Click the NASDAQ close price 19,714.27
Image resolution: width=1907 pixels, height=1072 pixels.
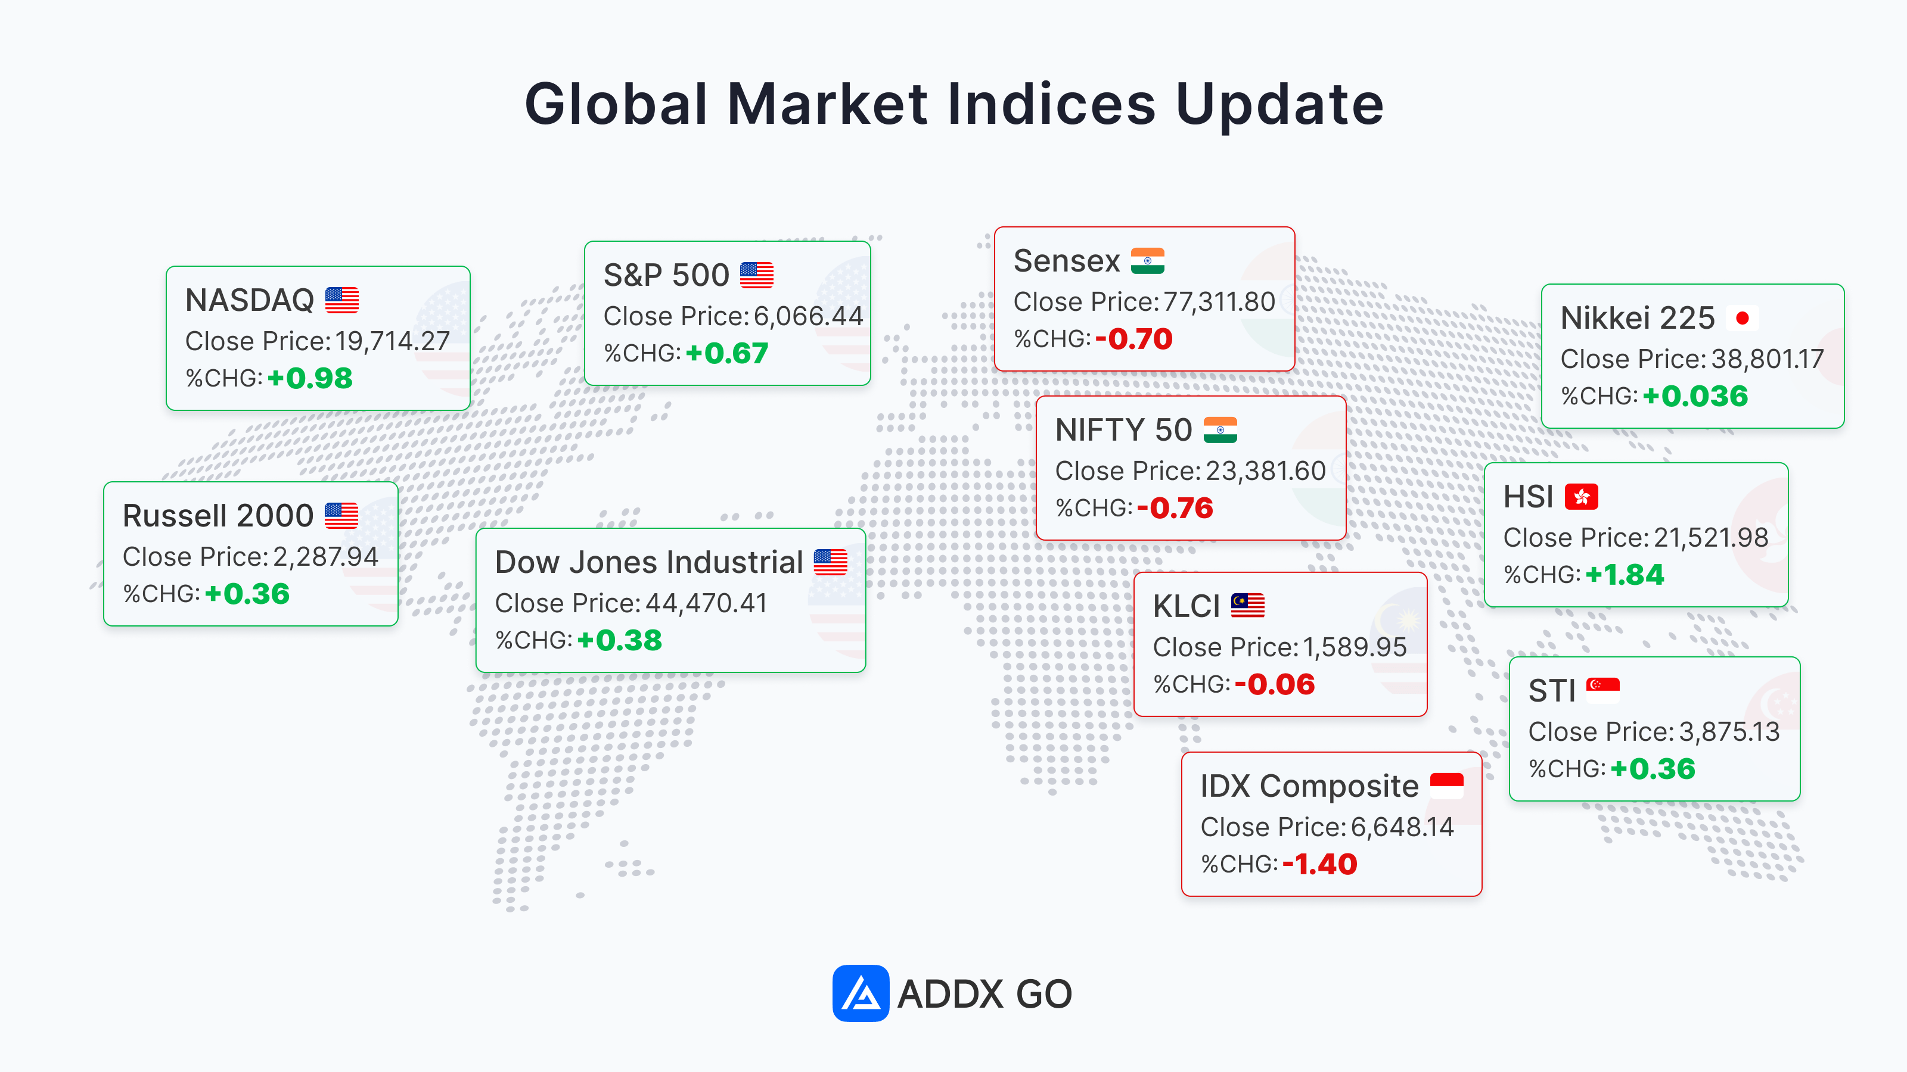point(392,341)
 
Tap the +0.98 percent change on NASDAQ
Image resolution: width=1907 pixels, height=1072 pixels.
point(310,379)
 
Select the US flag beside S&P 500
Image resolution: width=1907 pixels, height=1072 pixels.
point(757,275)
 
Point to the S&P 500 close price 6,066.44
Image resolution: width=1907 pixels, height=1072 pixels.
point(809,316)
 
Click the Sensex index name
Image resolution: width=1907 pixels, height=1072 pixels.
point(1067,261)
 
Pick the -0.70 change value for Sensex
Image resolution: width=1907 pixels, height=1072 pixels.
point(1134,339)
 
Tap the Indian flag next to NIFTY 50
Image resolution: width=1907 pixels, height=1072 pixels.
point(1220,430)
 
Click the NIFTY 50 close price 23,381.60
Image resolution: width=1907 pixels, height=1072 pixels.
point(1266,470)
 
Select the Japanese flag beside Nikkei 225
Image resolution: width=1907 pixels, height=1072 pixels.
point(1742,318)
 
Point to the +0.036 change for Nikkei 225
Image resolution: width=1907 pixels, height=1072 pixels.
point(1695,397)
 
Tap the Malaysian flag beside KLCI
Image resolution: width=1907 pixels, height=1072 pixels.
point(1247,605)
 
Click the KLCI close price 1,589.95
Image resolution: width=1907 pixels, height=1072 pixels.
point(1355,647)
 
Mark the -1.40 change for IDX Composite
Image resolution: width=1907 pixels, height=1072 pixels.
point(1320,864)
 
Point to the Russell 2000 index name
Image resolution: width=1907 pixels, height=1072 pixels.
point(218,516)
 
